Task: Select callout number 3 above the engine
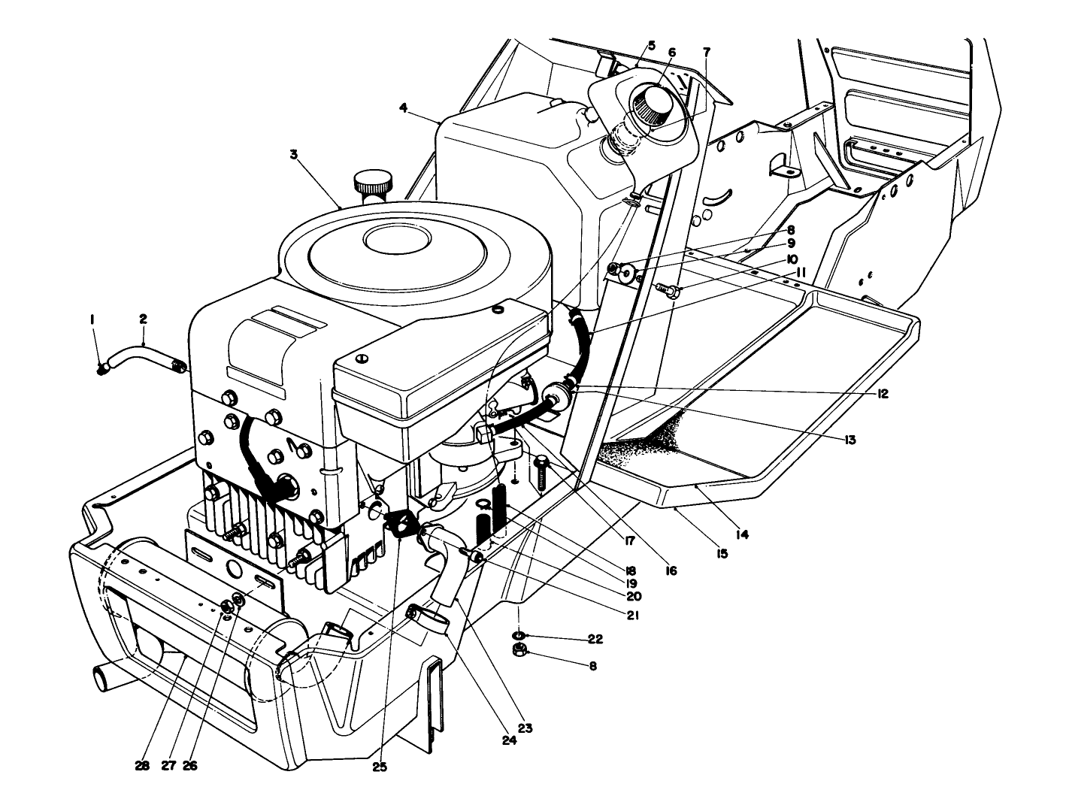click(x=294, y=154)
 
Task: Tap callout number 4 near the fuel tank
click(x=404, y=108)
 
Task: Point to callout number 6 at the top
click(x=671, y=53)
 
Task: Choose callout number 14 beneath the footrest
click(x=742, y=534)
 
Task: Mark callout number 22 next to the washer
click(x=595, y=639)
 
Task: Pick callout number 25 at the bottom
click(x=382, y=767)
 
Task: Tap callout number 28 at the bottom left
click(x=143, y=765)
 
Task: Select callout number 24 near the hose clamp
click(x=510, y=740)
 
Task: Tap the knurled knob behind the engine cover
click(x=374, y=183)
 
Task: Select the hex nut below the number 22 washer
click(x=518, y=651)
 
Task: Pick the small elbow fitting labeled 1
click(x=103, y=368)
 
